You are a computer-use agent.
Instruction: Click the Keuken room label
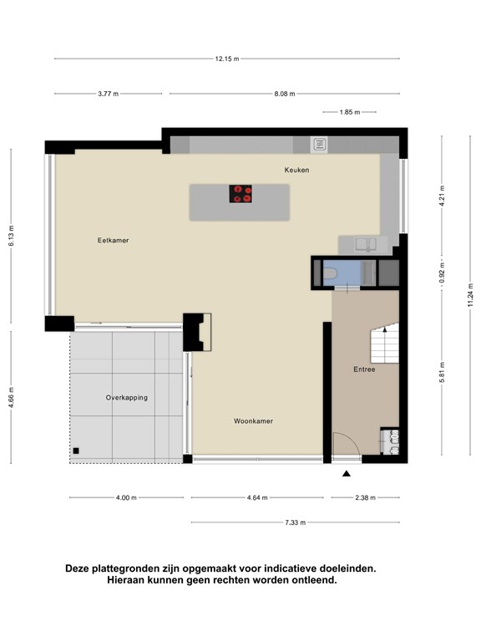click(296, 170)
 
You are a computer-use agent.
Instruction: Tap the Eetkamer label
click(113, 241)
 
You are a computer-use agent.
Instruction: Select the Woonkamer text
click(253, 421)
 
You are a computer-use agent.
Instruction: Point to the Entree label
click(364, 369)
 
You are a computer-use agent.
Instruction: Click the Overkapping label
click(126, 398)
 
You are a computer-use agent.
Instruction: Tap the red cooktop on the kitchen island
click(240, 194)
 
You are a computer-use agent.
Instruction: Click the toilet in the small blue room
click(330, 273)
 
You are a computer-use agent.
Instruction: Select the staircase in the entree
click(384, 343)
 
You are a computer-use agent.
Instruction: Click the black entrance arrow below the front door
click(347, 474)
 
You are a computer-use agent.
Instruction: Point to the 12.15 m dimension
click(227, 59)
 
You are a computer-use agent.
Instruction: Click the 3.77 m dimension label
click(108, 94)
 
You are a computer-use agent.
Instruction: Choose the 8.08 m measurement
click(284, 94)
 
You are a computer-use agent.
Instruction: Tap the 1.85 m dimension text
click(350, 112)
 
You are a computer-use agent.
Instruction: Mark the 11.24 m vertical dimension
click(470, 295)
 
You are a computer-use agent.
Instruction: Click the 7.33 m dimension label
click(295, 522)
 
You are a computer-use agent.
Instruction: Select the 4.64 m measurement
click(257, 498)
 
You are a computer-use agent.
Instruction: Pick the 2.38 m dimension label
click(365, 498)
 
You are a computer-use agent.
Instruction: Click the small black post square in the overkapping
click(76, 451)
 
